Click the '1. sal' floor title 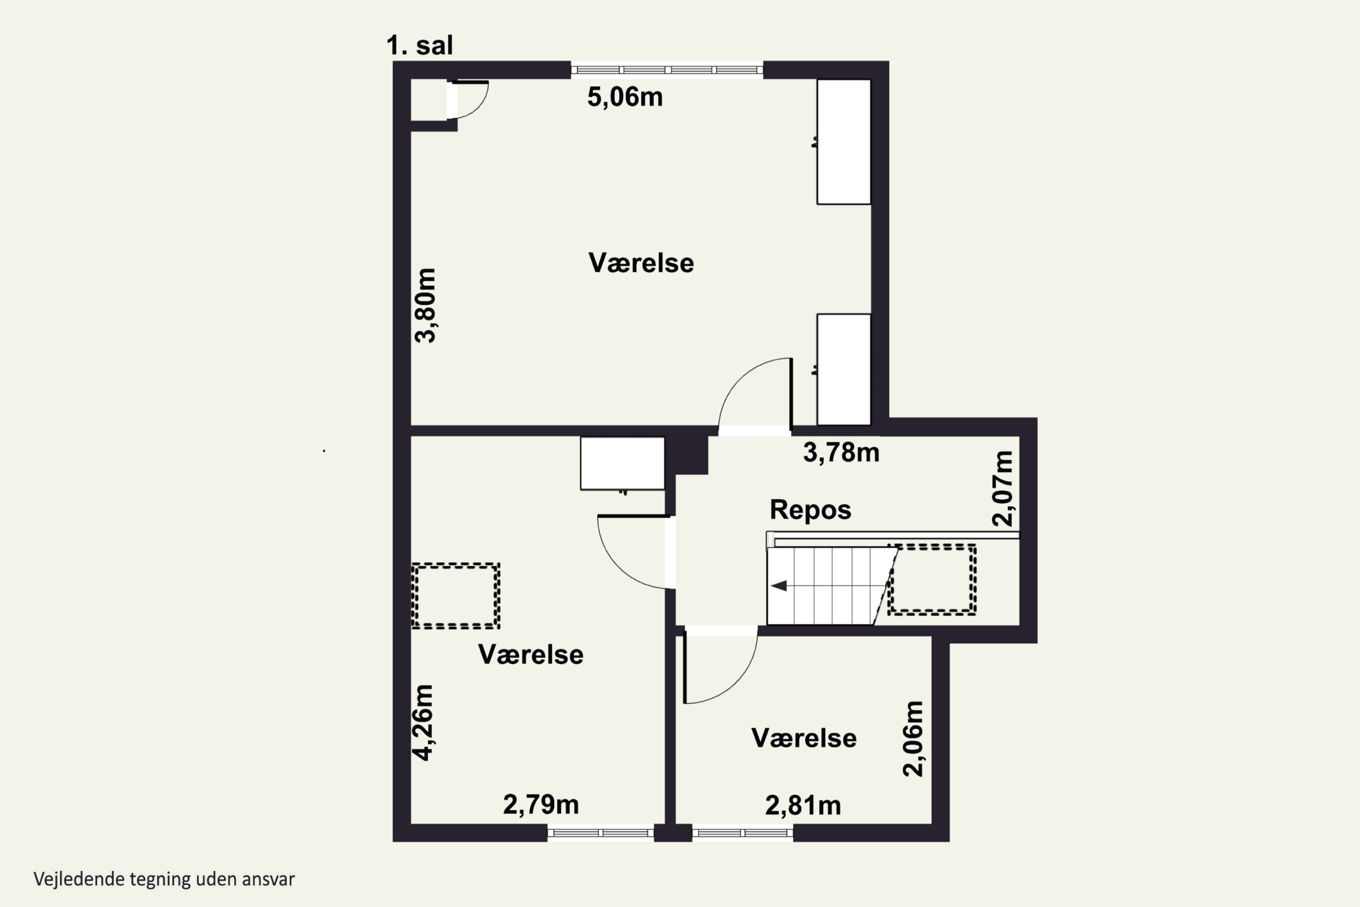[419, 45]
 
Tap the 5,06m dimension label [625, 97]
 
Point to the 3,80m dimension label [426, 305]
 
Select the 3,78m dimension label [841, 452]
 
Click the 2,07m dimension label [1003, 488]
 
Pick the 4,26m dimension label [423, 722]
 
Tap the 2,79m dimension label [541, 805]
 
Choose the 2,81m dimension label [803, 805]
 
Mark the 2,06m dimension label [913, 738]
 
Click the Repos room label [810, 510]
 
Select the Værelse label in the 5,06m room [641, 263]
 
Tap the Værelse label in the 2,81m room [804, 738]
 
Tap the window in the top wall [667, 70]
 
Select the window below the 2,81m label [743, 833]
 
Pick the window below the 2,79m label [601, 833]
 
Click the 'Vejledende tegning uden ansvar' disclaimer [164, 879]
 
